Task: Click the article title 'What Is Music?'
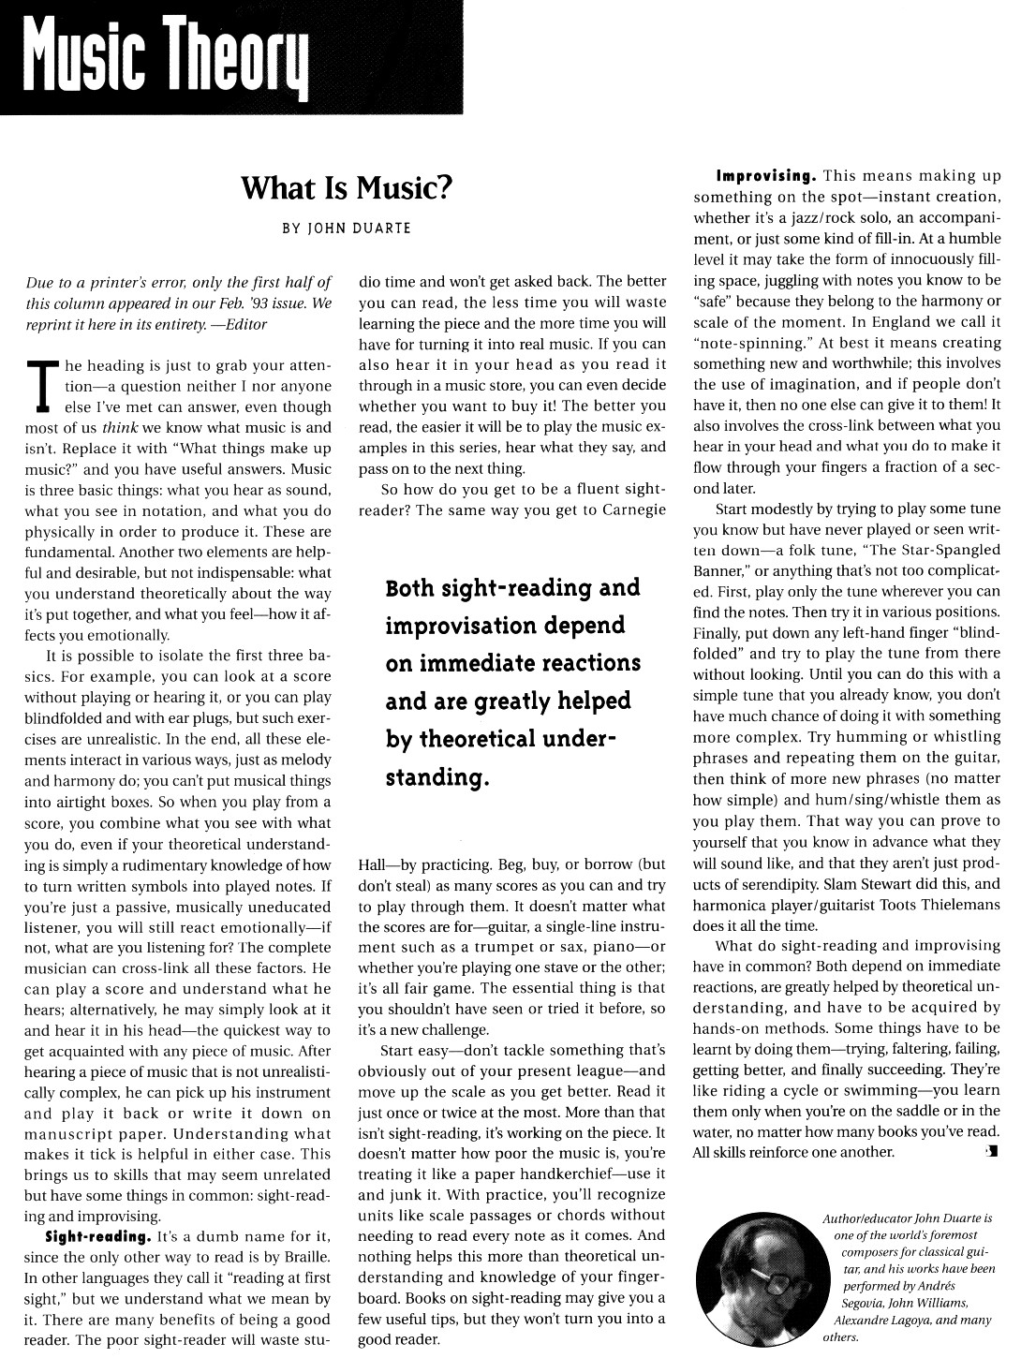click(347, 188)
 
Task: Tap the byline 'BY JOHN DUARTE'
click(346, 228)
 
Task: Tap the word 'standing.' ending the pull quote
click(437, 777)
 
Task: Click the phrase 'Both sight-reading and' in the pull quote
click(512, 588)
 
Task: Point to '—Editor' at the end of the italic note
click(240, 324)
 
